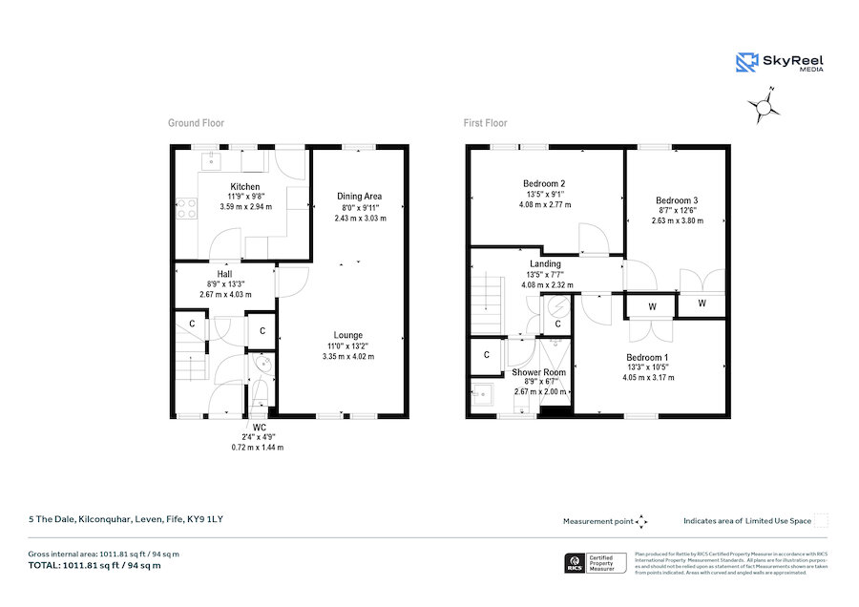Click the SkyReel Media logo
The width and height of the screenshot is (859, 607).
(x=780, y=63)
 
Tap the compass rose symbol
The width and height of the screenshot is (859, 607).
(x=764, y=107)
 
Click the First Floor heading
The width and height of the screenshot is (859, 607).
(x=486, y=123)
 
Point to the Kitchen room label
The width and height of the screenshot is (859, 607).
(x=245, y=186)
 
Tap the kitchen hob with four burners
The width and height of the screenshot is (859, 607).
(x=186, y=208)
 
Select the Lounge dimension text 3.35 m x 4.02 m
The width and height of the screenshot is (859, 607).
(x=347, y=357)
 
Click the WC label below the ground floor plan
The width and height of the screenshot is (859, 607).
(x=259, y=427)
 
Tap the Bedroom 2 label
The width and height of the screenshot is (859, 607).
(x=544, y=183)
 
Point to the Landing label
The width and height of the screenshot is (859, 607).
(x=545, y=263)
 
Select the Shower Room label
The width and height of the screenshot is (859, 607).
(x=539, y=372)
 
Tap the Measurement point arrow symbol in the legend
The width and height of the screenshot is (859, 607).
(x=642, y=521)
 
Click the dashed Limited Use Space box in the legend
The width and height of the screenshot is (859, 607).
(x=821, y=521)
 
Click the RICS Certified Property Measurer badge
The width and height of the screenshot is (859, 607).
(x=597, y=563)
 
